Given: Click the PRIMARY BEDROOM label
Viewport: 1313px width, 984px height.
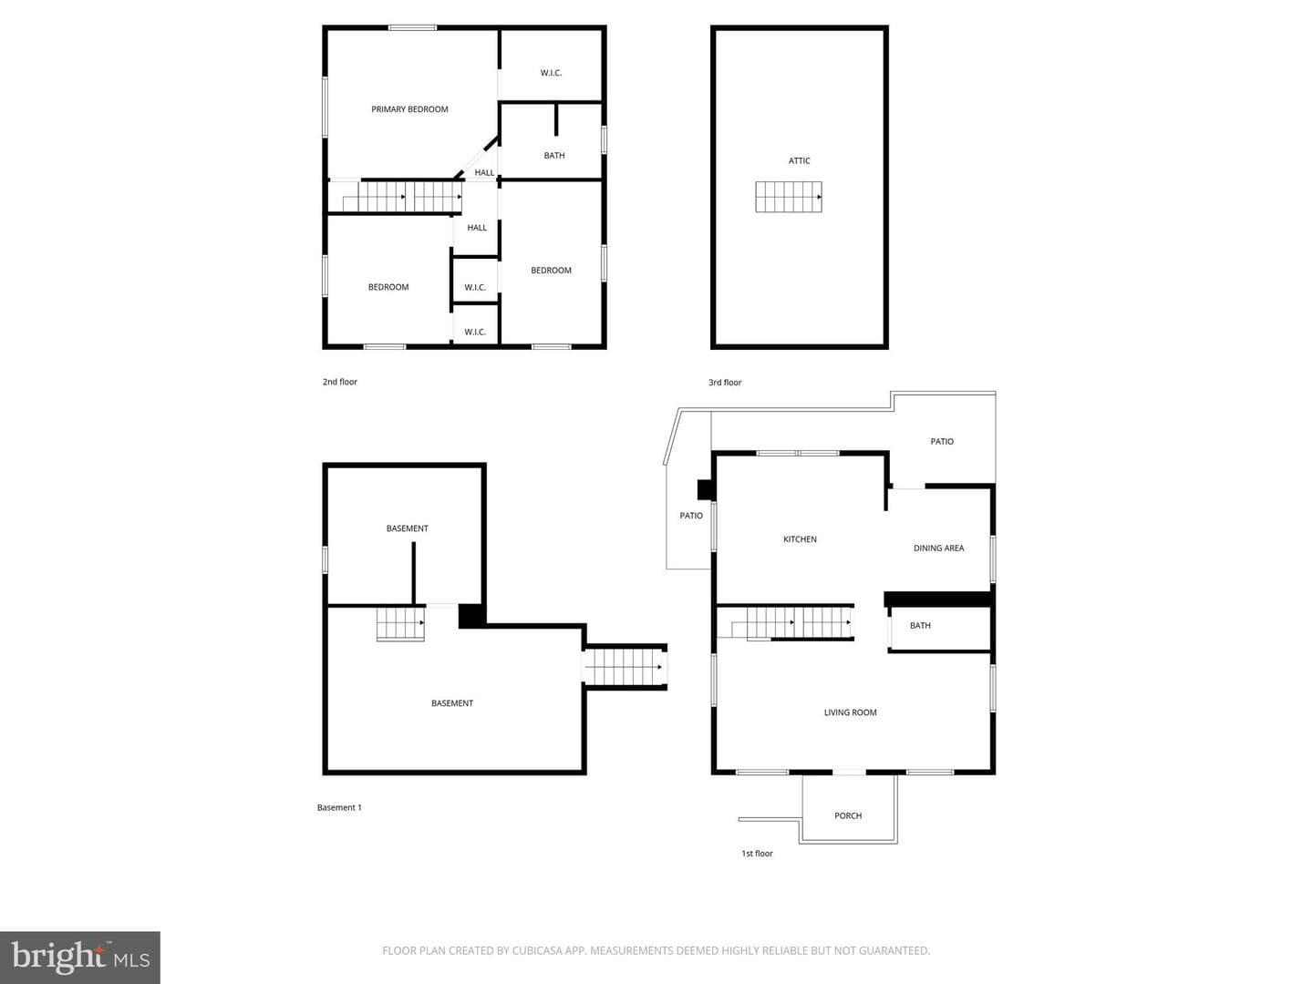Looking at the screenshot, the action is [409, 109].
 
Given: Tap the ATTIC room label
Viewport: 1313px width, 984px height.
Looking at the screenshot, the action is [799, 160].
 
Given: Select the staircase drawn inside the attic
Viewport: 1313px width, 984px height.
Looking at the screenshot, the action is [789, 197].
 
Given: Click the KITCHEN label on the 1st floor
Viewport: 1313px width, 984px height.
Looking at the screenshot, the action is [800, 539].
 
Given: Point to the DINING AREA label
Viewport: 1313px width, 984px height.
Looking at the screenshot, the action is [938, 548].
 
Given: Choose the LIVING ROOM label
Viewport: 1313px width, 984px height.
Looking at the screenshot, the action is [850, 712].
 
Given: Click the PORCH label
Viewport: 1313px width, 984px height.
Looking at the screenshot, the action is [848, 815].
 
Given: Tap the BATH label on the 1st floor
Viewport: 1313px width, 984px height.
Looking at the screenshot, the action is [920, 626].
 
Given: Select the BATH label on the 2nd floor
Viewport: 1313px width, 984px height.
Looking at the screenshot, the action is [553, 155].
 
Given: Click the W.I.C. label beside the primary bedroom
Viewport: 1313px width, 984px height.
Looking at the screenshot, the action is [551, 73].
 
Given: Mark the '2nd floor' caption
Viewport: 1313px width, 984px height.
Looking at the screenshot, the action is [340, 382].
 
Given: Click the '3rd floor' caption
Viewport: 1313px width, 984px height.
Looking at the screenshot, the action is [725, 383].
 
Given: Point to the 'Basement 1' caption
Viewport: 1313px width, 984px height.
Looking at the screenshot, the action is [339, 808].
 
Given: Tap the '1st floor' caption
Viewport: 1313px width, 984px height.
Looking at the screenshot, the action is [758, 854].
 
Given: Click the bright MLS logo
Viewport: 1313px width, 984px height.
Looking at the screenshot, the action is [80, 958].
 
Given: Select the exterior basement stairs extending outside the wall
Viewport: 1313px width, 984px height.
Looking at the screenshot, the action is [625, 667].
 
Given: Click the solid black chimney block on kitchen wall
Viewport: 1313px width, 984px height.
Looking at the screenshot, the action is [706, 490].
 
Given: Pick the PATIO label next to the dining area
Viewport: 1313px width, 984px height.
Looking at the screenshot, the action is [942, 442].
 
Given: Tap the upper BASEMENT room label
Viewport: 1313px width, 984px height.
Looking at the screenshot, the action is [407, 528].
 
